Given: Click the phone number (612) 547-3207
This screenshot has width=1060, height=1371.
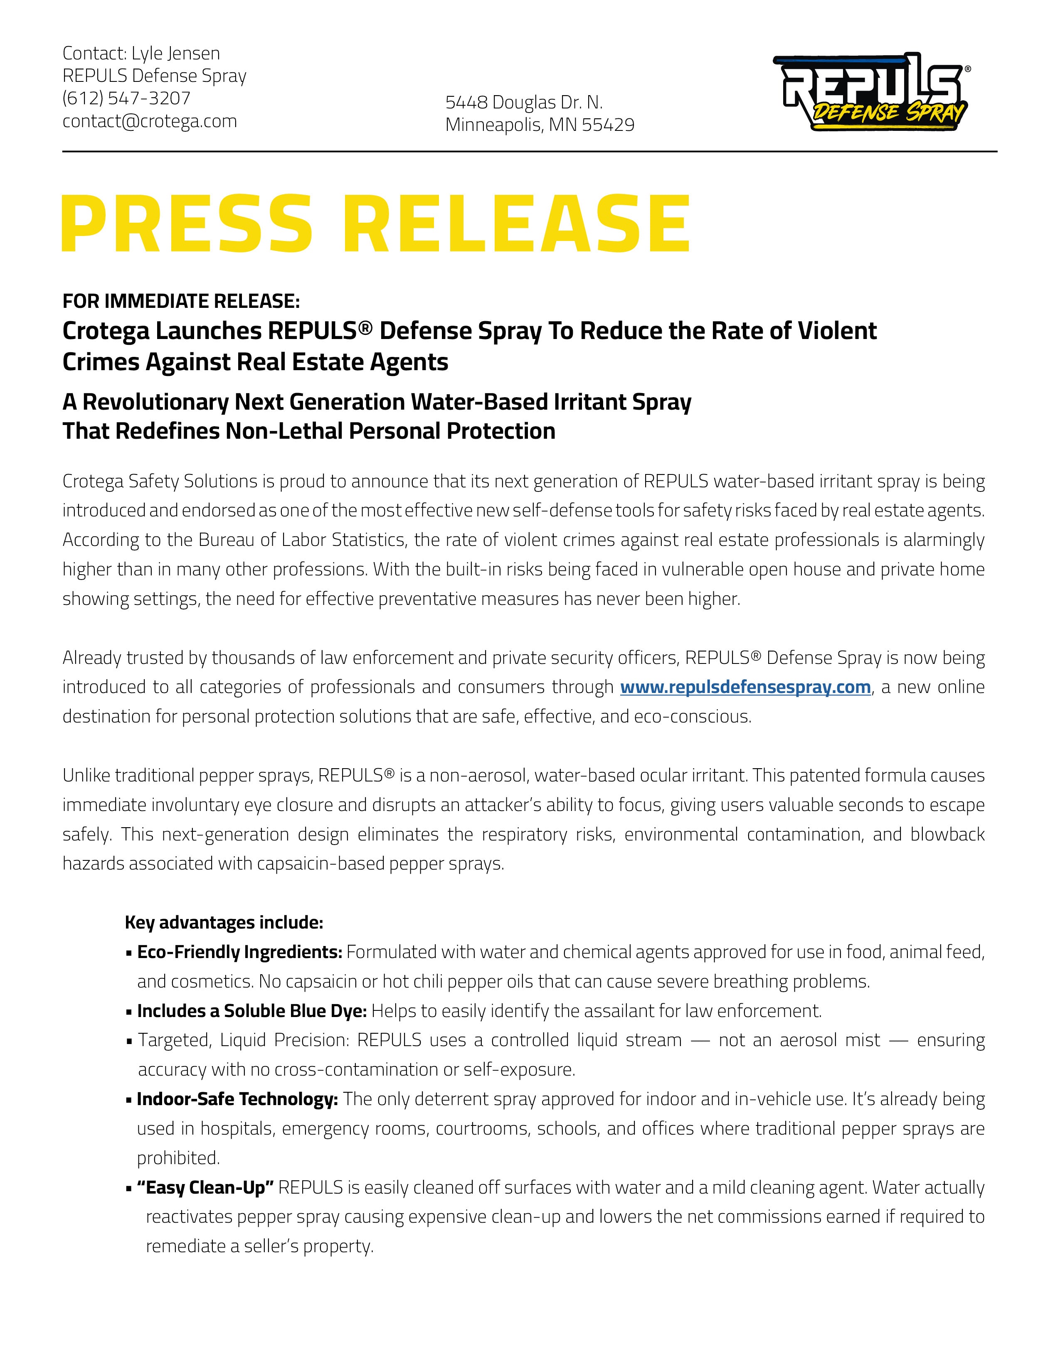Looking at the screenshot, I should pyautogui.click(x=126, y=98).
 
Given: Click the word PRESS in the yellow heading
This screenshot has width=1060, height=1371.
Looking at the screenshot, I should pyautogui.click(x=187, y=224).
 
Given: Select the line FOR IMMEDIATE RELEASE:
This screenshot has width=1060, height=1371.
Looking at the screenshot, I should pyautogui.click(x=181, y=301).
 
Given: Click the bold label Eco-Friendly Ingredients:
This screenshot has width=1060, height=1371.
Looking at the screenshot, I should pyautogui.click(x=239, y=952).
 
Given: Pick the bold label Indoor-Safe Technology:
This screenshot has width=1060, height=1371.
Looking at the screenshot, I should pyautogui.click(x=237, y=1099).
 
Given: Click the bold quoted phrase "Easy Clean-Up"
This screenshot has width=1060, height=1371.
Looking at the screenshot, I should pyautogui.click(x=206, y=1188).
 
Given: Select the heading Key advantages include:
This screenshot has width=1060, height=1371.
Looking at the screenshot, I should pyautogui.click(x=224, y=922).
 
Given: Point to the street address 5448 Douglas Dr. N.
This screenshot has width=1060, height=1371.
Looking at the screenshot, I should pyautogui.click(x=524, y=102).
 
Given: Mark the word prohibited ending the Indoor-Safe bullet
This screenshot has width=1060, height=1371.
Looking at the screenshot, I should pyautogui.click(x=178, y=1158).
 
